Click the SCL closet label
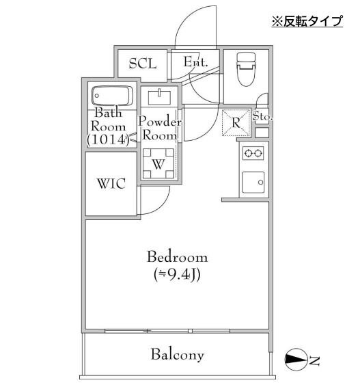click(x=143, y=64)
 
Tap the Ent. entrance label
click(x=195, y=62)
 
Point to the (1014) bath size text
click(x=108, y=139)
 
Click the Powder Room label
click(x=160, y=129)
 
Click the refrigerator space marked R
click(x=235, y=124)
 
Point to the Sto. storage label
click(x=262, y=117)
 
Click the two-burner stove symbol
click(x=253, y=154)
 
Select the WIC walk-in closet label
click(x=111, y=184)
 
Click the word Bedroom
click(x=178, y=258)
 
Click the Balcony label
click(x=178, y=355)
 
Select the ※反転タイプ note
click(x=307, y=21)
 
